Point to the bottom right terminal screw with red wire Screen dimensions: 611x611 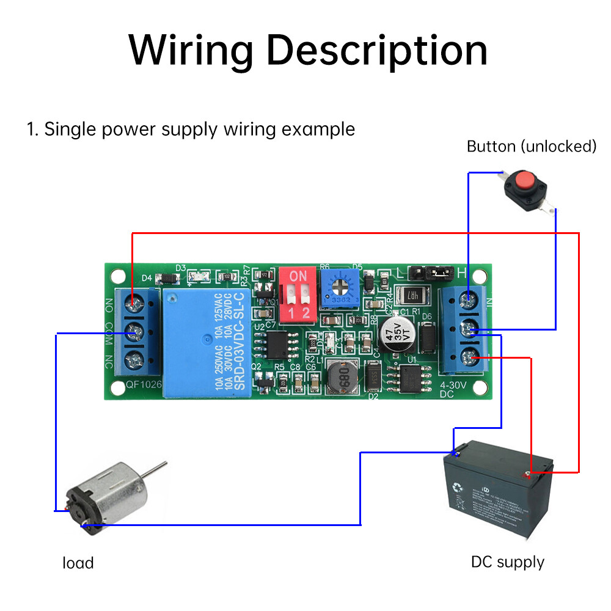click(x=469, y=357)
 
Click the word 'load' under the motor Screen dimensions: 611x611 click(x=78, y=563)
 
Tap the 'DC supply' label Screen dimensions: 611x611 click(x=507, y=562)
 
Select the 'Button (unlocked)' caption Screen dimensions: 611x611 click(x=531, y=147)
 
